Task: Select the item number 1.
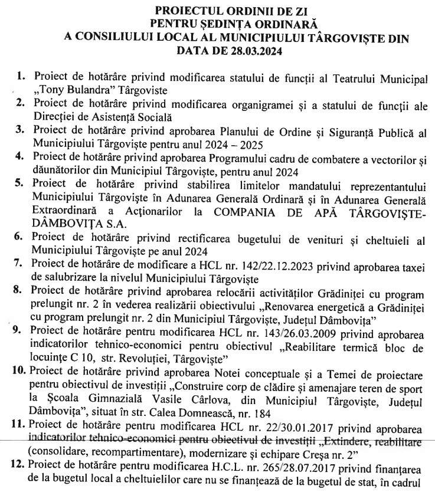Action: click(x=21, y=77)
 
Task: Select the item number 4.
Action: click(x=21, y=156)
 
